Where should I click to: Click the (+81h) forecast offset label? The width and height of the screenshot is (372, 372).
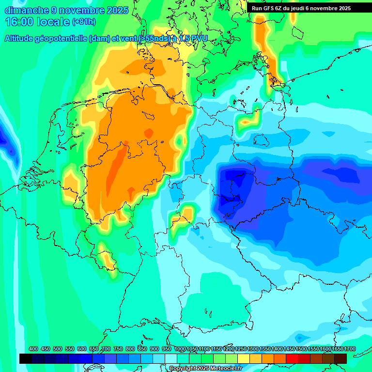pos(84,22)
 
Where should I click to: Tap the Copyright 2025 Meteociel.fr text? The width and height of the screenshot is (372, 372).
pos(205,368)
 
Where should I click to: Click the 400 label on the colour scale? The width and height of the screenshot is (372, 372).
pos(33,349)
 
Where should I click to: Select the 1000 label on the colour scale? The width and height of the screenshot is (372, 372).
pos(180,349)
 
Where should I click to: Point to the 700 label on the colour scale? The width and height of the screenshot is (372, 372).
pos(106,349)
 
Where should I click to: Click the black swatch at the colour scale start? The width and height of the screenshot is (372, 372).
pos(26,358)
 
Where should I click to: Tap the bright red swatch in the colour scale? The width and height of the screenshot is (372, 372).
pos(292,358)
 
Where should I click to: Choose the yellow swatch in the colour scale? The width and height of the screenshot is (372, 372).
pos(244,358)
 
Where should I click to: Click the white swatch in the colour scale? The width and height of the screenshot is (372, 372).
pos(171,358)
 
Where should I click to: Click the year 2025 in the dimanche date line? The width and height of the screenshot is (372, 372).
pos(117,10)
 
